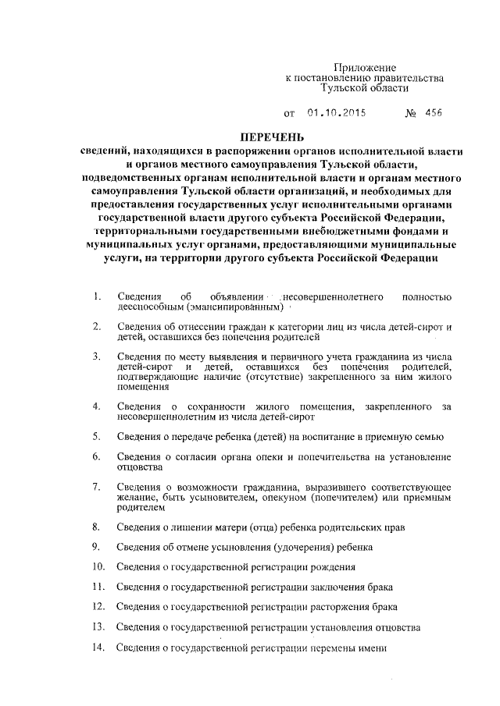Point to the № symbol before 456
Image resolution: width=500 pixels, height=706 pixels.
[411, 113]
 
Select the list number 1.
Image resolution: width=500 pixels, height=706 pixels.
[96, 296]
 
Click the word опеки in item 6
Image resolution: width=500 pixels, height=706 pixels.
[253, 456]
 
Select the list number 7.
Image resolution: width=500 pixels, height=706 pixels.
[96, 486]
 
